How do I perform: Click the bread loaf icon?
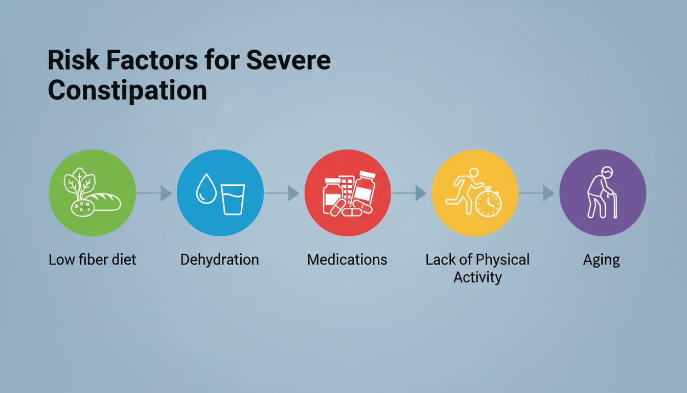coord(104,202)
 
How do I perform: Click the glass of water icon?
coord(233,199)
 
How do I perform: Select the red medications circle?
coord(348,193)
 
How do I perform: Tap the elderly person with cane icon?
coord(602,192)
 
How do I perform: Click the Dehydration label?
coord(220,259)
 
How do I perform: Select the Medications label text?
coord(347,259)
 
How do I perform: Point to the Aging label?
coord(602,260)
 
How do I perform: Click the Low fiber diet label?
coord(93,259)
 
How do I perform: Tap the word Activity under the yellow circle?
coord(477,277)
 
